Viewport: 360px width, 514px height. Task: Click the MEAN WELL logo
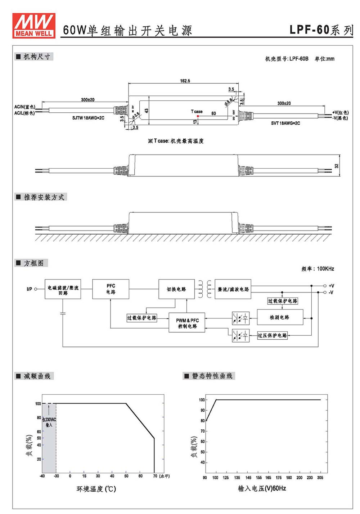tap(34, 26)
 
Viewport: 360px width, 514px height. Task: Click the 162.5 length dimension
tap(185, 81)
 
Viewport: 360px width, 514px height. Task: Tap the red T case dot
tap(198, 116)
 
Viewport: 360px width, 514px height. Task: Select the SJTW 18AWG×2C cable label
tap(88, 118)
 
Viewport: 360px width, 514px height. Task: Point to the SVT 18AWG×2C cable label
tap(285, 123)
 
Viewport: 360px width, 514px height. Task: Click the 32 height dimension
tap(336, 166)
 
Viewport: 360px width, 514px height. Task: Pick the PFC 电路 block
tap(111, 289)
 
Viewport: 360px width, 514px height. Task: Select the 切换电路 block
tap(176, 289)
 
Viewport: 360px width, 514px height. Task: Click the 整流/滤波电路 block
tap(233, 289)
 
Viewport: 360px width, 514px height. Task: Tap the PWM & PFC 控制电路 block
tap(187, 322)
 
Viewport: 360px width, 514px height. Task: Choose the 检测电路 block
tap(280, 317)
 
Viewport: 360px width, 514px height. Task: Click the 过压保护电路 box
tap(272, 335)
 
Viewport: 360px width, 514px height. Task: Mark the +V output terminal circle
tap(325, 286)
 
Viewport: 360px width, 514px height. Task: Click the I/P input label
tap(29, 289)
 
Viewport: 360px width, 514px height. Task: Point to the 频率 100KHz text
tap(318, 269)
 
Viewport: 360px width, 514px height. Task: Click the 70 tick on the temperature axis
tap(155, 476)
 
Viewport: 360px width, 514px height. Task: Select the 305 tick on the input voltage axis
tap(320, 478)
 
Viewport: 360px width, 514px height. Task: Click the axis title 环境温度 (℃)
tap(96, 489)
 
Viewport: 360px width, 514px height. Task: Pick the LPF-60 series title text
tap(321, 30)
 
